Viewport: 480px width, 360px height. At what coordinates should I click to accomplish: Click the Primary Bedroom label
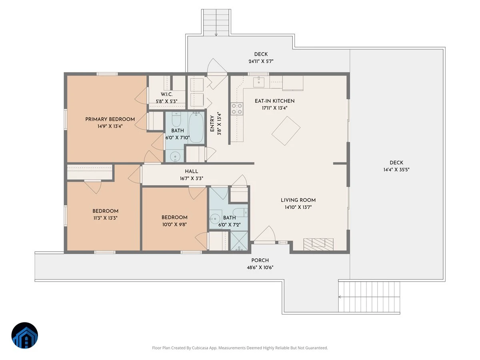click(x=110, y=119)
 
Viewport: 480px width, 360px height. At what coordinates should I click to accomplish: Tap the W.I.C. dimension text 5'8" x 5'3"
click(x=166, y=102)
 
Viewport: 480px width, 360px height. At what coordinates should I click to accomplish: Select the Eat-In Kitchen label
click(x=274, y=101)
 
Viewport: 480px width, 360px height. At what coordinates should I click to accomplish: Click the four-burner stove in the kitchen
click(x=237, y=109)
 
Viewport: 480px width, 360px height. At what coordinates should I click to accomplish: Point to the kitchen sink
click(x=259, y=82)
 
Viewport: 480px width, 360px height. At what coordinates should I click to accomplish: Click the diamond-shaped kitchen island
click(x=286, y=131)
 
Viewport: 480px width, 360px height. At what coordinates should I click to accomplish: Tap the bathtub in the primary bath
click(x=196, y=128)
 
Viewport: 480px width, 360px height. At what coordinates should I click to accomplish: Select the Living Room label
click(x=298, y=200)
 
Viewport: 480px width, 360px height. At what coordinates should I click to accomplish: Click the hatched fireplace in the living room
click(x=318, y=244)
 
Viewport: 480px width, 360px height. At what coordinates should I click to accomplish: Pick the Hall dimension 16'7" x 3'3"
click(x=191, y=178)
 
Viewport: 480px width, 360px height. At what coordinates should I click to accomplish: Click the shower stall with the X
click(x=239, y=241)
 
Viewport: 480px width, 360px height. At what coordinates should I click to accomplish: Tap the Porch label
click(x=260, y=260)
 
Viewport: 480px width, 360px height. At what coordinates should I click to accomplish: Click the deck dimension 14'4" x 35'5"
click(x=396, y=170)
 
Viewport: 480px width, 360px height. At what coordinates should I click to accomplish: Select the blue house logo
click(x=25, y=335)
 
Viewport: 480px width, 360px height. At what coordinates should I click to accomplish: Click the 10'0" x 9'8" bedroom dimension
click(x=174, y=224)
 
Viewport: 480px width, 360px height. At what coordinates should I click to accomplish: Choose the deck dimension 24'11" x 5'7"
click(x=261, y=62)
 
